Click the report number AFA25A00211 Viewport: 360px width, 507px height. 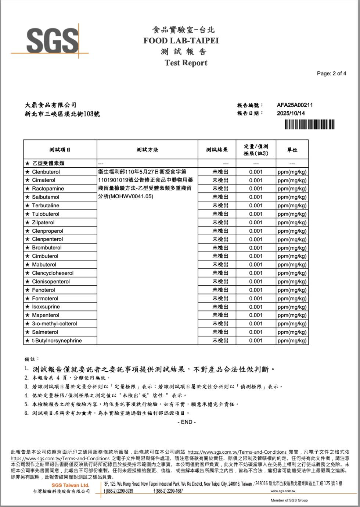tap(295, 105)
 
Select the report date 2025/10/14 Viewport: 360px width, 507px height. tap(291, 113)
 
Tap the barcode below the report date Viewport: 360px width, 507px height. tap(309, 125)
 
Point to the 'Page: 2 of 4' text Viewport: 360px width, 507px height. tap(331, 74)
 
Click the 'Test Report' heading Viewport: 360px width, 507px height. tap(186, 63)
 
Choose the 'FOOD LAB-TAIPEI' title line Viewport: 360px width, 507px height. tap(181, 41)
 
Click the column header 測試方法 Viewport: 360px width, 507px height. tap(147, 150)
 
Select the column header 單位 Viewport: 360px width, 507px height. tap(292, 150)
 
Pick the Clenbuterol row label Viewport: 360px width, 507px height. tap(46, 172)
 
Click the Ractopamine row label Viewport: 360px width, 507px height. tap(48, 189)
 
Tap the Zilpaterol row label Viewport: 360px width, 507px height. tap(43, 222)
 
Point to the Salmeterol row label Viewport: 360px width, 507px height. tap(45, 332)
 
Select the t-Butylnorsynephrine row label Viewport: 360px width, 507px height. tap(57, 340)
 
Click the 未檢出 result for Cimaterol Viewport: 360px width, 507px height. tap(220, 180)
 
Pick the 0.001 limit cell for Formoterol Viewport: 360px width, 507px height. tap(256, 299)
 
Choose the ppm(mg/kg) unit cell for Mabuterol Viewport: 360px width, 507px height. tap(292, 265)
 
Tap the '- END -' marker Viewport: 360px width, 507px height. tap(186, 422)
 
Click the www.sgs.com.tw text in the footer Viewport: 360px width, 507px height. tap(283, 491)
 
